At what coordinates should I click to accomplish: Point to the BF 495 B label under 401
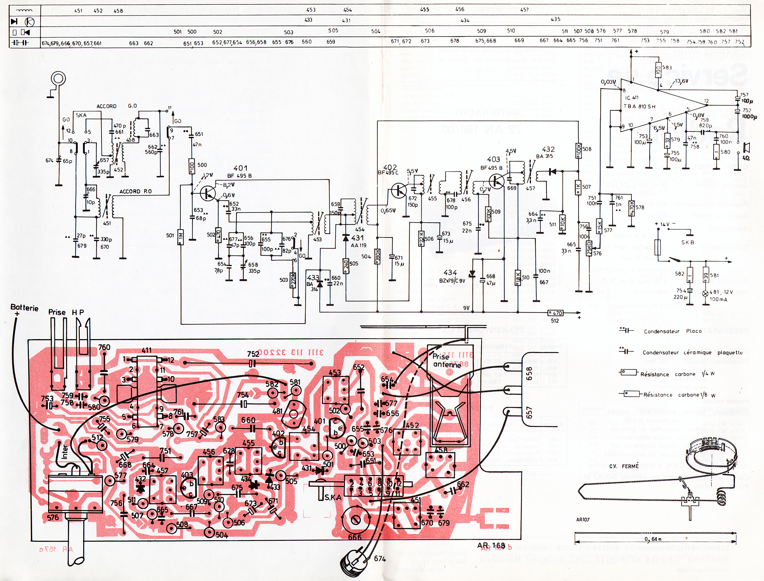[240, 176]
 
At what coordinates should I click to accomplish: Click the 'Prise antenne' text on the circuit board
[447, 360]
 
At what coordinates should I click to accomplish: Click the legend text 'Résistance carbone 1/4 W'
[677, 374]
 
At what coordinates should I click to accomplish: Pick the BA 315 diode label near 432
[544, 156]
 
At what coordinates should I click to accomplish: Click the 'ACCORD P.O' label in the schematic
[135, 191]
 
